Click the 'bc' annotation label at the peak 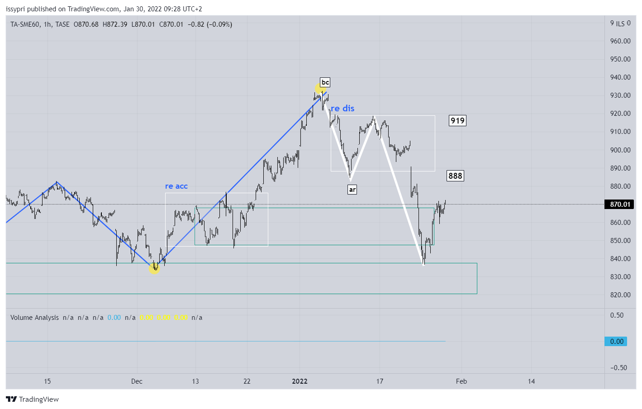pyautogui.click(x=325, y=82)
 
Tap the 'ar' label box pyautogui.click(x=352, y=190)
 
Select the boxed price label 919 pyautogui.click(x=457, y=120)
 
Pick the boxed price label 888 pyautogui.click(x=455, y=176)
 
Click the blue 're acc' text pyautogui.click(x=176, y=186)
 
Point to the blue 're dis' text pyautogui.click(x=342, y=108)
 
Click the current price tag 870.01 pyautogui.click(x=619, y=204)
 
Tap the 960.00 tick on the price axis pyautogui.click(x=620, y=41)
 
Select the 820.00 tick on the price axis pyautogui.click(x=620, y=295)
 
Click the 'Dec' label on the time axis pyautogui.click(x=137, y=381)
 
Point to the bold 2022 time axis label pyautogui.click(x=300, y=381)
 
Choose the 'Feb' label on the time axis pyautogui.click(x=461, y=381)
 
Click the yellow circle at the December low pyautogui.click(x=154, y=268)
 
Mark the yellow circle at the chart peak pyautogui.click(x=319, y=88)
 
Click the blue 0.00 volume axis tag pyautogui.click(x=616, y=342)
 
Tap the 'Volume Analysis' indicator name pyautogui.click(x=34, y=318)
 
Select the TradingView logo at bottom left pyautogui.click(x=33, y=399)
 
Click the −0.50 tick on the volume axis pyautogui.click(x=618, y=368)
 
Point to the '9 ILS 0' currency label pyautogui.click(x=620, y=24)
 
